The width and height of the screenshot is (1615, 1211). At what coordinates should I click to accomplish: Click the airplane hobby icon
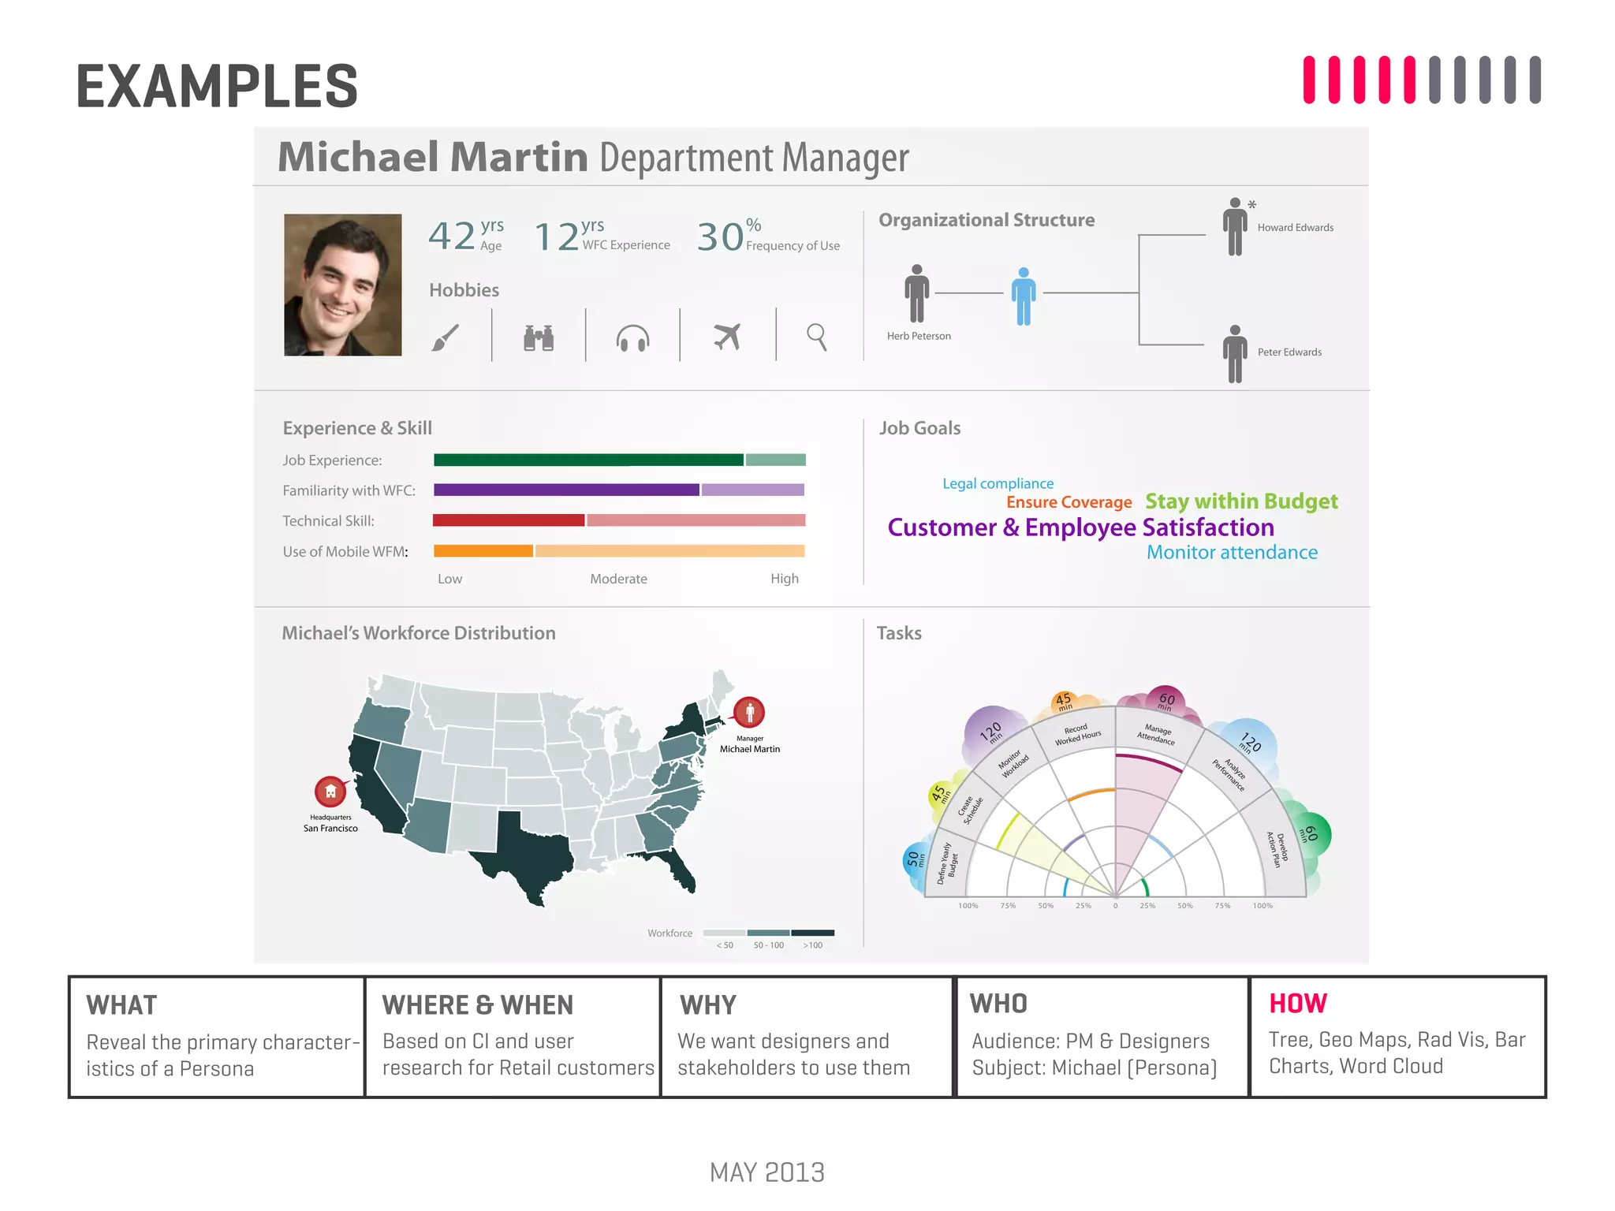[x=727, y=337]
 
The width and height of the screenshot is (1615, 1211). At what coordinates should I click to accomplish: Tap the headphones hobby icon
[x=632, y=338]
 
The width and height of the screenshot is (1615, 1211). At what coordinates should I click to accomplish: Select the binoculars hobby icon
[x=539, y=337]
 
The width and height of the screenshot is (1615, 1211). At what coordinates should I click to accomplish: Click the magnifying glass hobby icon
[x=817, y=337]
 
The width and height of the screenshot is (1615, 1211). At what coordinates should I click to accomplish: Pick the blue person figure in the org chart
[x=1024, y=296]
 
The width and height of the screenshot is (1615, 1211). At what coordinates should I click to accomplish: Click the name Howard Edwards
[x=1295, y=228]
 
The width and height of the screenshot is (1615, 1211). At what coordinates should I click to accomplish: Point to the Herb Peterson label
[x=919, y=336]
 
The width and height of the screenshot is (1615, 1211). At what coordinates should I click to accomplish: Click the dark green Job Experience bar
[x=587, y=460]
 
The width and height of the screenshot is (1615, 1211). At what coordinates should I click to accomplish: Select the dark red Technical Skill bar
[x=509, y=520]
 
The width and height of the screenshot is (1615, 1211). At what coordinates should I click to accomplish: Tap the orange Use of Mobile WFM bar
[x=483, y=551]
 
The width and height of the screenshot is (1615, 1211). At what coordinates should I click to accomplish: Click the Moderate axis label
[x=618, y=579]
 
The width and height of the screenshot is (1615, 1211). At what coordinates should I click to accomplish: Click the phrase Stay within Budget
[x=1241, y=501]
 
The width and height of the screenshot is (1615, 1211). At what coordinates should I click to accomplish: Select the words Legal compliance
[x=998, y=483]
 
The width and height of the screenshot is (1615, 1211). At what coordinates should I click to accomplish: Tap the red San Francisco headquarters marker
[x=330, y=791]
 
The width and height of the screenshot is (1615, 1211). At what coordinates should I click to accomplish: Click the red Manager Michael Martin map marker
[x=749, y=712]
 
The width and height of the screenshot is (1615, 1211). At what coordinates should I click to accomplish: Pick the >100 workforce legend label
[x=812, y=945]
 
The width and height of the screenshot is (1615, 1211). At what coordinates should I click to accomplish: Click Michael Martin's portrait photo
[x=342, y=285]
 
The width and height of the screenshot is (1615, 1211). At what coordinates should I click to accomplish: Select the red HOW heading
[x=1297, y=1003]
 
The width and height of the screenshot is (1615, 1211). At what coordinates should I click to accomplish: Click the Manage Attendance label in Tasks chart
[x=1156, y=734]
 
